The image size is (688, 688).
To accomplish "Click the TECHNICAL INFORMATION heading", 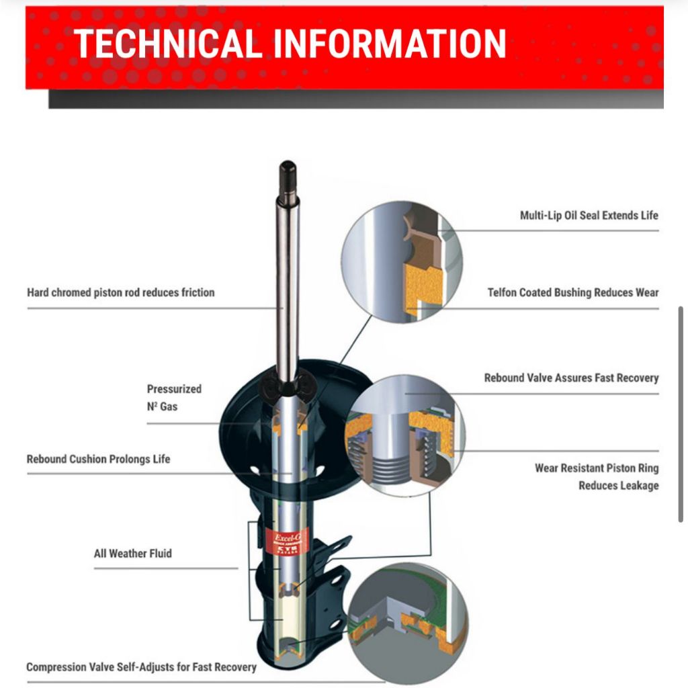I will point(290,44).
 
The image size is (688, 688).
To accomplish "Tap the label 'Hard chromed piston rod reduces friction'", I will point(121,293).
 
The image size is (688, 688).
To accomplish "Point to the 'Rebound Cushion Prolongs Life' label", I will point(98,460).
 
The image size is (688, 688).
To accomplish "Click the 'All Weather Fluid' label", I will point(132,554).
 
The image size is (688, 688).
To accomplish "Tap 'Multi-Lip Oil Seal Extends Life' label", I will point(589,216).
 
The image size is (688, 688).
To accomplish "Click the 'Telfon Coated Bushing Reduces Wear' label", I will point(573,293).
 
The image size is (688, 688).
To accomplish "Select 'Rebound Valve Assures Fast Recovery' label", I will point(571,378).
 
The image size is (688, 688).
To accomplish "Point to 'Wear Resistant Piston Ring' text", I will point(597,468).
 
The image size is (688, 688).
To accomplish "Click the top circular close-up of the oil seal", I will point(402,262).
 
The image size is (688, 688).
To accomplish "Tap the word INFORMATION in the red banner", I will point(390,44).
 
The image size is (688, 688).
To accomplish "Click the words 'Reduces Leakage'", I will point(618,486).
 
